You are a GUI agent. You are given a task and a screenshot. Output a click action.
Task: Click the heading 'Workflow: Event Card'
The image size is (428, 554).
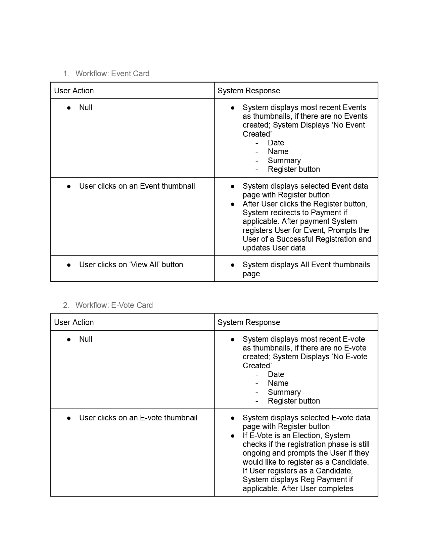(112, 74)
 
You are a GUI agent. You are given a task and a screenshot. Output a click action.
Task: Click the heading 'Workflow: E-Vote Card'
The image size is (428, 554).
(114, 305)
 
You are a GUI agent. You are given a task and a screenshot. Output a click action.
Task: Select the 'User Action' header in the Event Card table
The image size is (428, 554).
(74, 91)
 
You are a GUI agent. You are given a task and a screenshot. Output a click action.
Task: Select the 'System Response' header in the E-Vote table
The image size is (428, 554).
(249, 322)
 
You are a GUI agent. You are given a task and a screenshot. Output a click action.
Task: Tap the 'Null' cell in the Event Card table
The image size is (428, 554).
(86, 107)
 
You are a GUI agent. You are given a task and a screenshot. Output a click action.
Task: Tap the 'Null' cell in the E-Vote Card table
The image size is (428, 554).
(86, 339)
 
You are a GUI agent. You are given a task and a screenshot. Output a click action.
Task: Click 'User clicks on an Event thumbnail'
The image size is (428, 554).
(137, 186)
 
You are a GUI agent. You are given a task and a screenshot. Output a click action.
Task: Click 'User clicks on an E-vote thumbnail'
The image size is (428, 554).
(138, 418)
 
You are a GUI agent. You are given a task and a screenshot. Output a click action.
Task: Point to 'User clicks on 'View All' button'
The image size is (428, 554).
(131, 265)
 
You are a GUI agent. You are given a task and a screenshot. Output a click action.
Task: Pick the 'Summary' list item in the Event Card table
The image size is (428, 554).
(284, 160)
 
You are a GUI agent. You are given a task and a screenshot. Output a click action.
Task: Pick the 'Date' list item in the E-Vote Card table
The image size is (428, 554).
(276, 374)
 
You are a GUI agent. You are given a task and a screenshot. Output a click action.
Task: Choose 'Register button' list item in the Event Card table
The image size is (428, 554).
(294, 169)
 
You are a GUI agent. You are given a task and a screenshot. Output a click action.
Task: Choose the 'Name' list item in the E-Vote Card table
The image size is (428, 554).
(278, 383)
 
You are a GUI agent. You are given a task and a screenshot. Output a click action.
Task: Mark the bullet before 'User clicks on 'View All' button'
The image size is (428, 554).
(69, 265)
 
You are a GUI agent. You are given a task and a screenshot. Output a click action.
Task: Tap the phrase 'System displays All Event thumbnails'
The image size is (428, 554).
(306, 265)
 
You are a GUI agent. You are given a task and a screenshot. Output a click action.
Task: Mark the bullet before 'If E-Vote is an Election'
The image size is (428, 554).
(233, 436)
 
